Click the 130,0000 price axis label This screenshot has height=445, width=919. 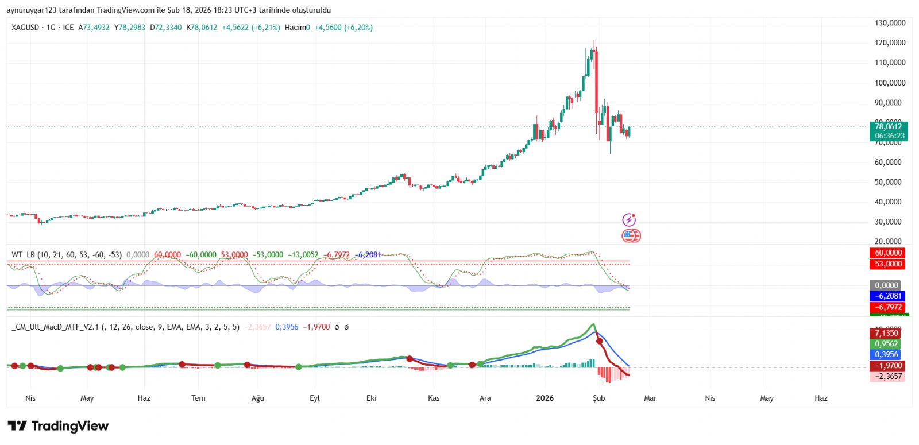(x=890, y=23)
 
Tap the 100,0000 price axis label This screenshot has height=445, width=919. (x=890, y=83)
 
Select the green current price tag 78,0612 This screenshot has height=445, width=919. (x=888, y=127)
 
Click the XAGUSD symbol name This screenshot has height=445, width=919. (x=25, y=28)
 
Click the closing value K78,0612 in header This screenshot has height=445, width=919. (x=202, y=28)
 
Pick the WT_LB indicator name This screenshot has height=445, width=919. (x=23, y=254)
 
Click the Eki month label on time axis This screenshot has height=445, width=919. (x=372, y=398)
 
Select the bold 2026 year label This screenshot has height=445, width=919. (x=545, y=398)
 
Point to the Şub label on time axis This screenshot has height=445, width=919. (x=598, y=398)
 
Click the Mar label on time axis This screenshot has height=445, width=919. (x=650, y=398)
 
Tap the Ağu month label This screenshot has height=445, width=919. (x=258, y=398)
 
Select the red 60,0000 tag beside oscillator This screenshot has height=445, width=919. (x=888, y=253)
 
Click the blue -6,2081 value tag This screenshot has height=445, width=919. (x=888, y=296)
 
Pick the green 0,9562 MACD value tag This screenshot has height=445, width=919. (x=886, y=344)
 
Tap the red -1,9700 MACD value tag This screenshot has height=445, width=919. (x=888, y=366)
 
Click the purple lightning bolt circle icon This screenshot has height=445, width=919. (x=629, y=220)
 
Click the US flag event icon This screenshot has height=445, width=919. (x=630, y=235)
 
